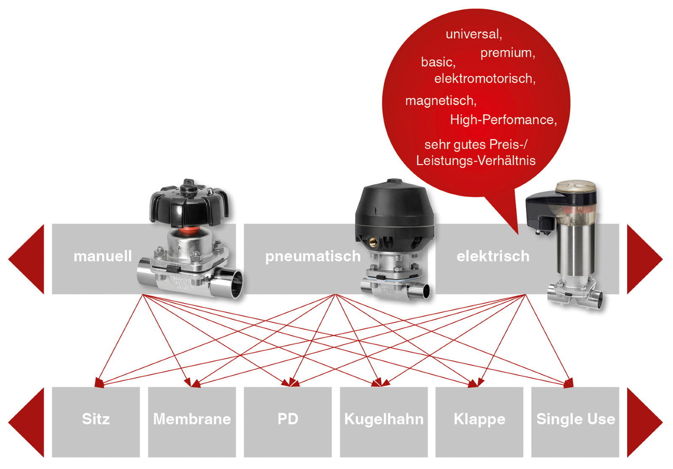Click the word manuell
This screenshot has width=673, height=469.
(103, 256)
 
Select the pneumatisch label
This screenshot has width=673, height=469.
(313, 256)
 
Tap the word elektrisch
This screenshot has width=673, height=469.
(493, 256)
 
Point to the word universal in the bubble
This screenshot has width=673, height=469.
(473, 34)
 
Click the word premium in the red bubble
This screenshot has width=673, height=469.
(507, 53)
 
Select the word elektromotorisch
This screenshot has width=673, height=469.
(484, 79)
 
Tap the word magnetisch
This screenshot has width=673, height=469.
(440, 101)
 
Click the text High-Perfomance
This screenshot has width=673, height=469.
(503, 120)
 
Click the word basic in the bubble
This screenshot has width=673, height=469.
(437, 62)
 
